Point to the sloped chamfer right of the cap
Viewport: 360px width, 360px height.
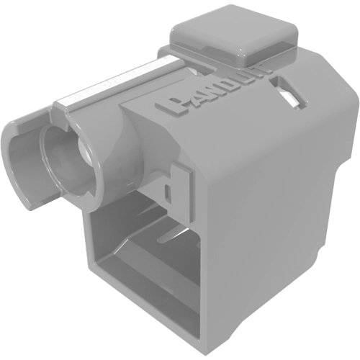pyautogui.click(x=317, y=79)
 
